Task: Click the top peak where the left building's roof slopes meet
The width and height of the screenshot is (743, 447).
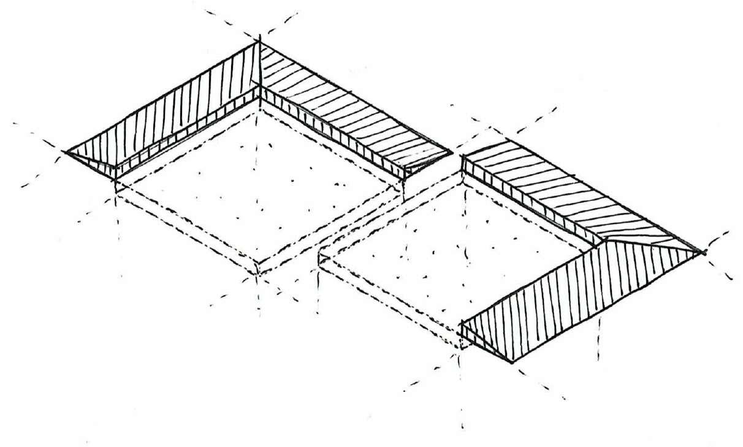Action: (259, 42)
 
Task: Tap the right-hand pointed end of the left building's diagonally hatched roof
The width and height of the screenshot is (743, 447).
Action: (452, 153)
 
